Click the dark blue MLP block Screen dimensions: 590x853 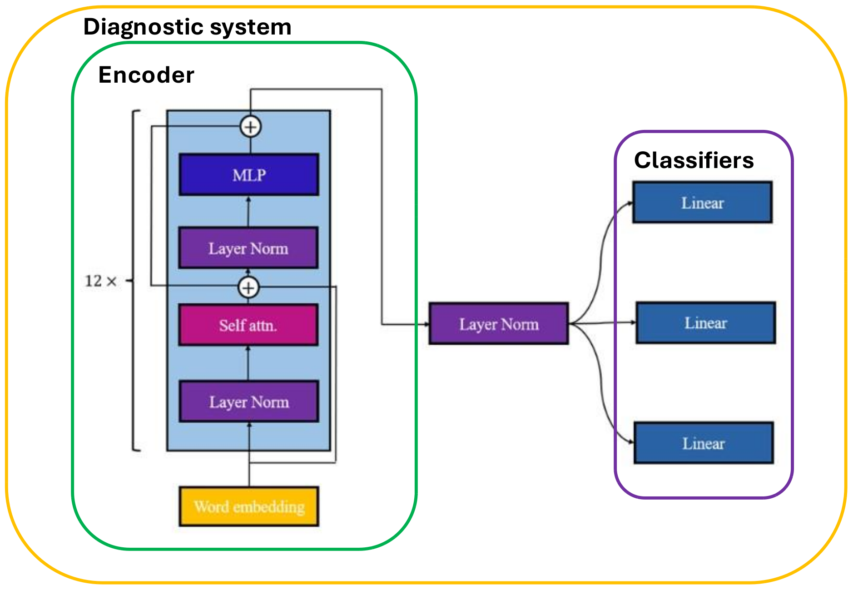(x=249, y=175)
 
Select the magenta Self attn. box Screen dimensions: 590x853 (x=248, y=325)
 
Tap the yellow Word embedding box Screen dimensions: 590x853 (x=249, y=506)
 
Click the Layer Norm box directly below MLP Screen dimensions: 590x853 (x=248, y=248)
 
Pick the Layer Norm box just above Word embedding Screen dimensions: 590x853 (x=249, y=402)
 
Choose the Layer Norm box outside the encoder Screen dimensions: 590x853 (x=499, y=324)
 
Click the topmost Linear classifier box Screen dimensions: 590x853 (x=702, y=203)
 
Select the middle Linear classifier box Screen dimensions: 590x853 (x=705, y=323)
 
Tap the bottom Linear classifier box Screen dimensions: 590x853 (x=704, y=443)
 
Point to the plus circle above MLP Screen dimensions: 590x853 (x=250, y=127)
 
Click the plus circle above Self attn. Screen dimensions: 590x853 (x=248, y=288)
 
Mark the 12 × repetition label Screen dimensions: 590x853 (x=100, y=281)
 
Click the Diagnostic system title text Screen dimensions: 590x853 (x=187, y=27)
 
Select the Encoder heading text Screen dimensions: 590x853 (x=146, y=75)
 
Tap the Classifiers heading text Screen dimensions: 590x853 (x=694, y=160)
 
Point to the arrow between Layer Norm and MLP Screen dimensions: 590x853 (x=248, y=211)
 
